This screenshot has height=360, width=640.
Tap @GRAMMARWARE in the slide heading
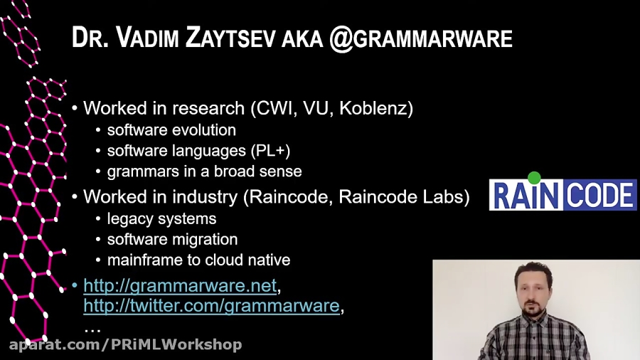point(420,38)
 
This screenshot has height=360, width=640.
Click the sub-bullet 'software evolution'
point(171,130)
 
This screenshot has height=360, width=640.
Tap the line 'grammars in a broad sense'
point(204,171)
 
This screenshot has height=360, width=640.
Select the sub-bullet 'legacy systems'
point(161,218)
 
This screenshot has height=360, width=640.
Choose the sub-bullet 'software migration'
point(172,239)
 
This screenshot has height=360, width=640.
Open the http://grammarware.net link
point(180,286)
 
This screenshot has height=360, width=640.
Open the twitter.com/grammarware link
point(211,306)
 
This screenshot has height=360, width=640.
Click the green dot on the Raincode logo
point(535,177)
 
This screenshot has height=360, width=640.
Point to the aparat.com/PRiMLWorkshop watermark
point(125,345)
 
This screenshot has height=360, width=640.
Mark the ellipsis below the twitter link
point(92,328)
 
